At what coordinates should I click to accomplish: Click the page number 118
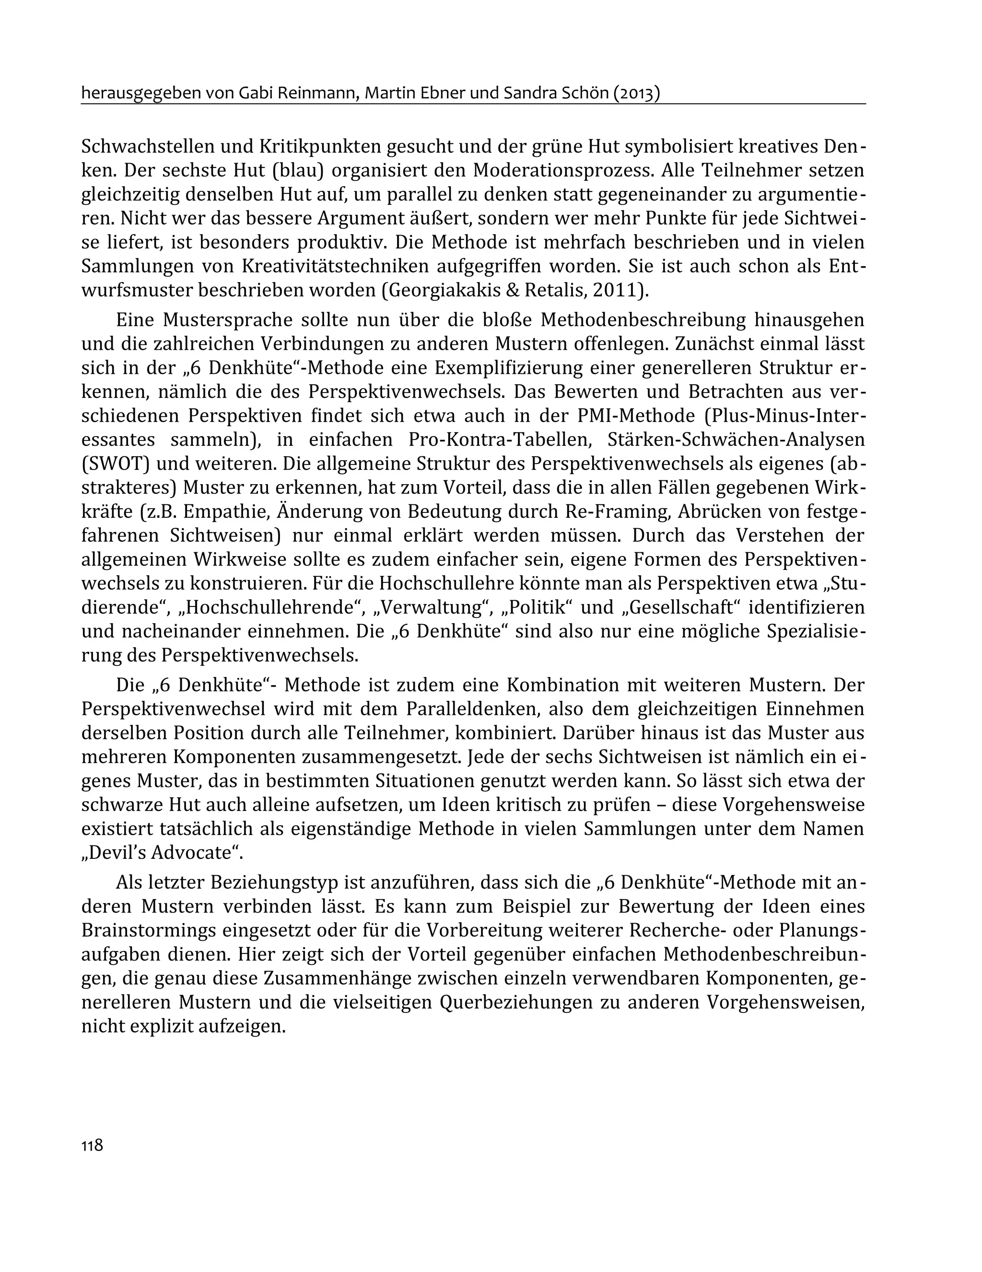[x=92, y=1144]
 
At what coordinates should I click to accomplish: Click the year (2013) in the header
[x=636, y=93]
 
